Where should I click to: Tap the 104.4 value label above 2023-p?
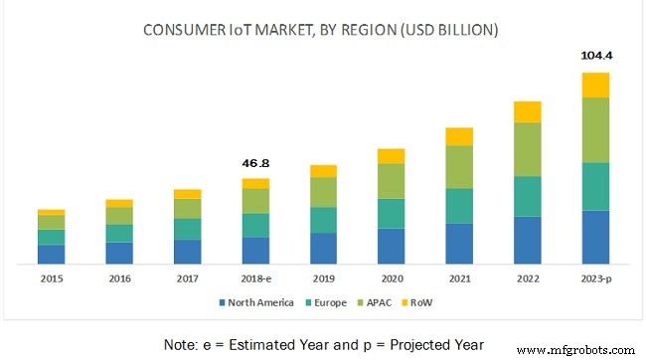(594, 56)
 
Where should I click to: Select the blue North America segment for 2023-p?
(594, 237)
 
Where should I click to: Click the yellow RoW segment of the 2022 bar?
(527, 111)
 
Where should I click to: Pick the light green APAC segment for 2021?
(459, 167)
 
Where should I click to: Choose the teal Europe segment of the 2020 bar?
(391, 213)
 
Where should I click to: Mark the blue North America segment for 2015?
(51, 254)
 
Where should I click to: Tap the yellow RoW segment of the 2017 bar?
(187, 194)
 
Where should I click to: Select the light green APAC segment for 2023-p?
(594, 130)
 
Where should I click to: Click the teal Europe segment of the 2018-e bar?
(255, 225)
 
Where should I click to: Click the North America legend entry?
(252, 301)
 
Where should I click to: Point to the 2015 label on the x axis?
(51, 277)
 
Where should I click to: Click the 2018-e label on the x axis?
(255, 277)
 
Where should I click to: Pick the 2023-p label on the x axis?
(594, 277)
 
